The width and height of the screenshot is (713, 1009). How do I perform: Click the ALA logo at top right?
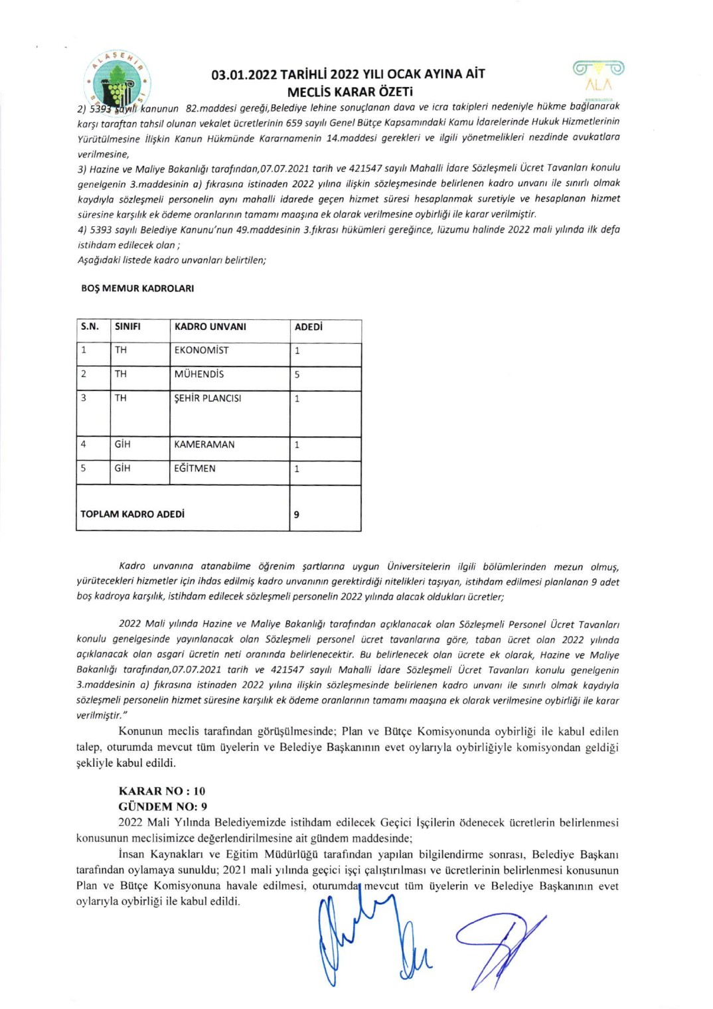coord(598,75)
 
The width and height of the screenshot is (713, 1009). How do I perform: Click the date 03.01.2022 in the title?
coord(244,74)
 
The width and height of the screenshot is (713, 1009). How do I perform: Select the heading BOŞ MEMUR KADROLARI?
coord(137,289)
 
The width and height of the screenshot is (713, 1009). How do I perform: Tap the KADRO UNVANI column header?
coord(210,327)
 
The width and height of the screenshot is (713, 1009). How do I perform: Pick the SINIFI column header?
coord(127,327)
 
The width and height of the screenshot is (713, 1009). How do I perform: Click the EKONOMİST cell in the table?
coord(201,350)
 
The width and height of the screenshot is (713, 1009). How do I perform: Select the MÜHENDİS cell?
coord(198,374)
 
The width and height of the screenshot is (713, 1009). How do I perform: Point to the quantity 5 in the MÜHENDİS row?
coord(297,374)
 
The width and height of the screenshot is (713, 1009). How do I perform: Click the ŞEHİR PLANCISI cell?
coord(207,398)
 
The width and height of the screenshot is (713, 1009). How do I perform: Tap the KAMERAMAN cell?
coord(204,445)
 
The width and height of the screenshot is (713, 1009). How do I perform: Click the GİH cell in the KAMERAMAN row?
coord(122,445)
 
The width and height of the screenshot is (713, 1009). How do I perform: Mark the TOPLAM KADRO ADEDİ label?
coord(132,514)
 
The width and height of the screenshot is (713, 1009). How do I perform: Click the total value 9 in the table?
coord(297,514)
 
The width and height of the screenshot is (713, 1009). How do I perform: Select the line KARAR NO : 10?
coord(162,791)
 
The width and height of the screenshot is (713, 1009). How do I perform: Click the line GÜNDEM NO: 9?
coord(163,807)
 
